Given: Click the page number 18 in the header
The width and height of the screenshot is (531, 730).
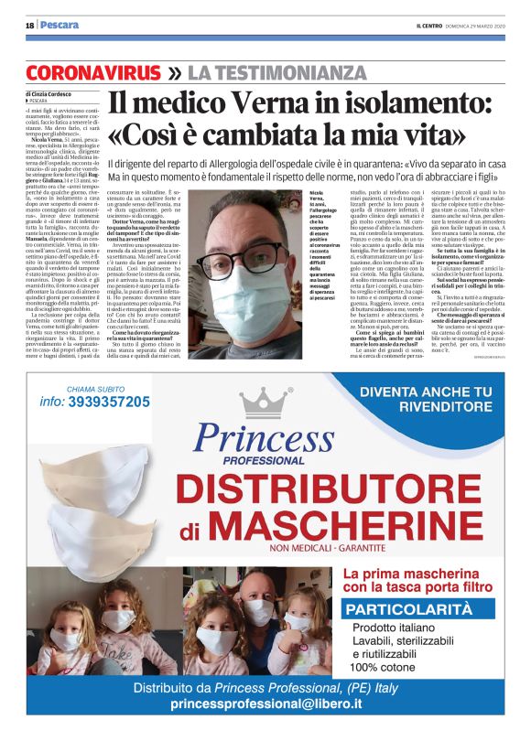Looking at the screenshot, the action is (29, 25).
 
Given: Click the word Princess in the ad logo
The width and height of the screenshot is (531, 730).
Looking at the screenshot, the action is (266, 439).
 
